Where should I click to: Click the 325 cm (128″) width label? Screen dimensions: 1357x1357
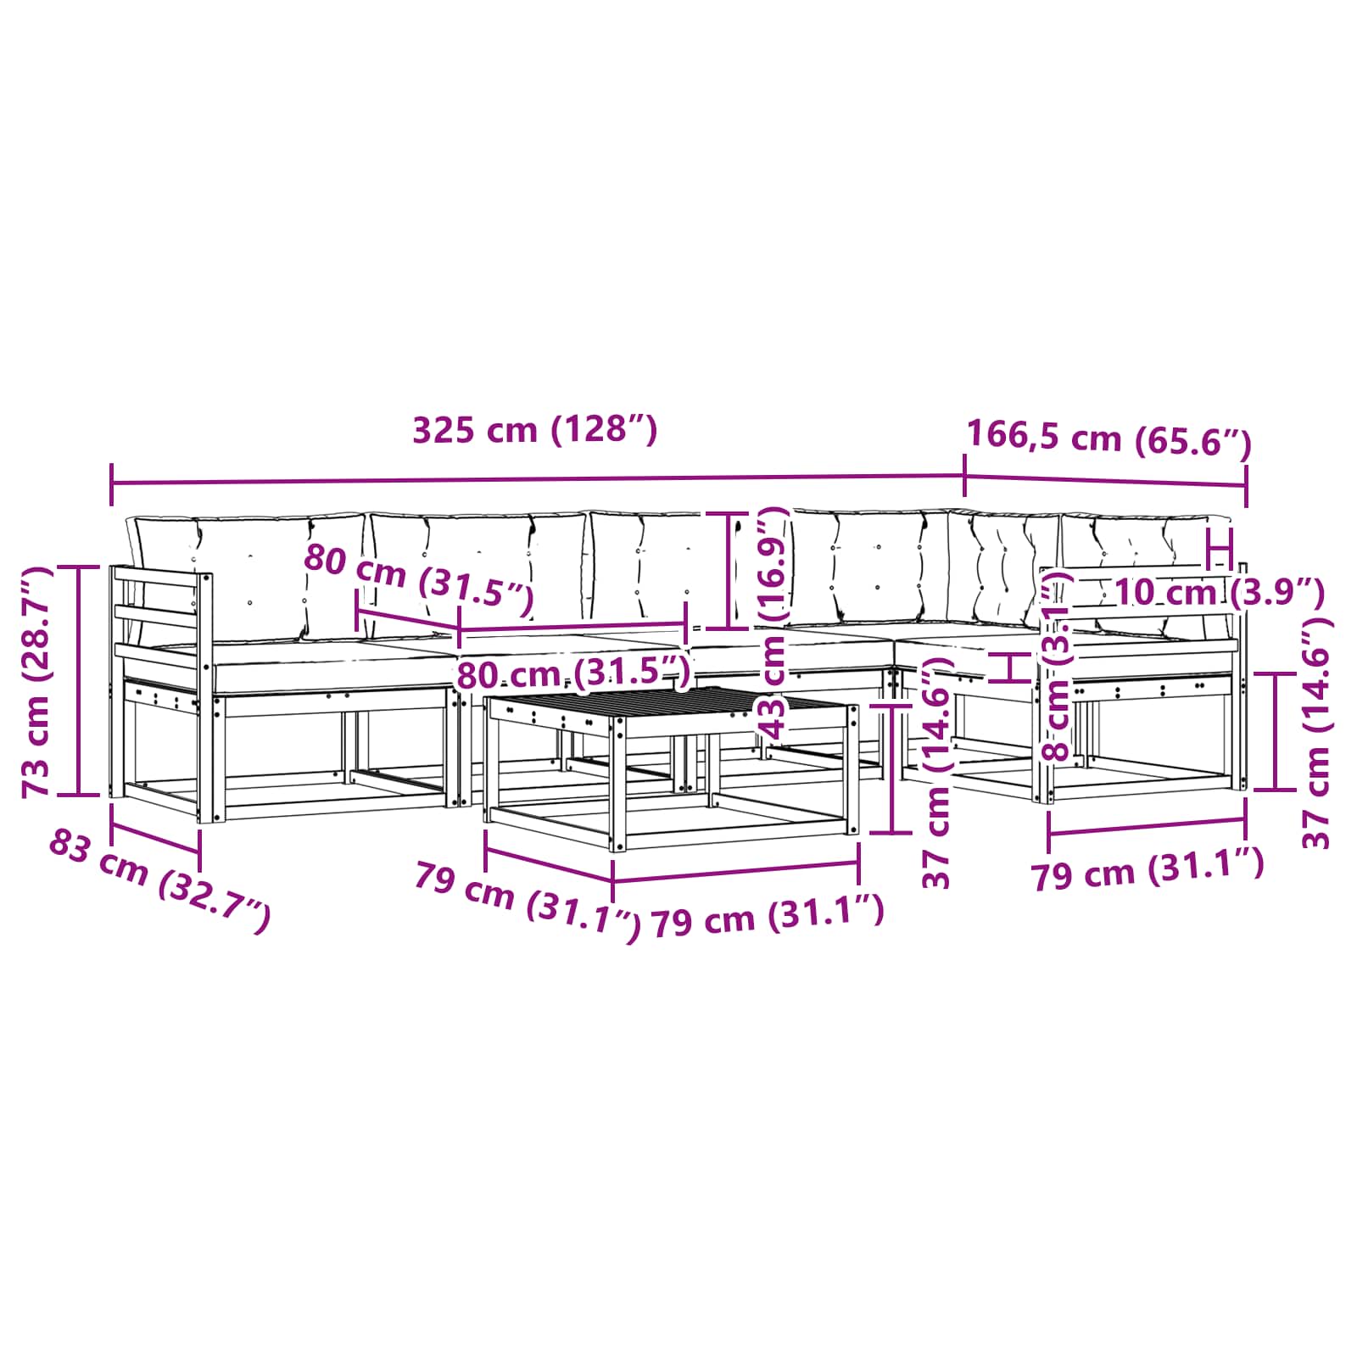coord(534,430)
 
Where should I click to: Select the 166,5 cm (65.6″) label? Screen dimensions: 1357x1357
coord(1109,438)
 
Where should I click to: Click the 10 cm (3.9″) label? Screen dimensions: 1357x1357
coord(1219,591)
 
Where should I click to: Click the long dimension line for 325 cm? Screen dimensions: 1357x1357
coord(538,480)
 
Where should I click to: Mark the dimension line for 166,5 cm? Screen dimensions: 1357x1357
coord(1106,481)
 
